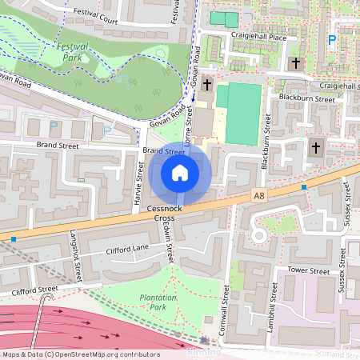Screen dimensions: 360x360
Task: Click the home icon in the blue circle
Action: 180,173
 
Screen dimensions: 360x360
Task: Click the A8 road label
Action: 258,194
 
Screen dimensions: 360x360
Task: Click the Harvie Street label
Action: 138,179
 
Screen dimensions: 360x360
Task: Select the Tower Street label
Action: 309,271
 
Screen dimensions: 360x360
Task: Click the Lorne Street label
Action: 190,122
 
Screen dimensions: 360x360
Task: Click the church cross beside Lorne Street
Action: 207,84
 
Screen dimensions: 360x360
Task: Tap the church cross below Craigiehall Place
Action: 296,62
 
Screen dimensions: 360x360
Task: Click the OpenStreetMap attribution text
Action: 80,354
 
